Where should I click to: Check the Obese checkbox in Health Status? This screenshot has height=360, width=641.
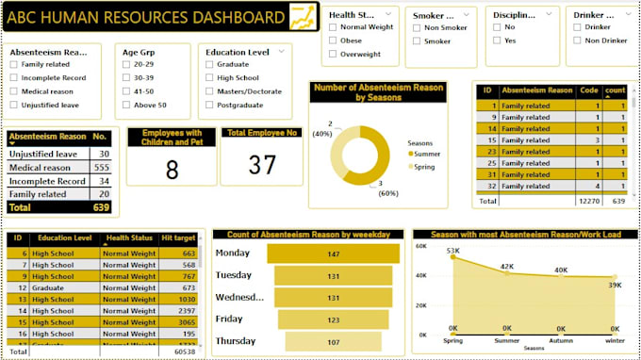[334, 41]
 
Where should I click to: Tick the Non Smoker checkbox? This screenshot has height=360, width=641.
[417, 27]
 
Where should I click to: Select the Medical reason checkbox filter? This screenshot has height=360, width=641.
[13, 91]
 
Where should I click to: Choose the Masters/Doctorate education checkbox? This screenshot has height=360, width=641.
[209, 91]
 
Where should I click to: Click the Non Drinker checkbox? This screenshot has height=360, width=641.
[578, 41]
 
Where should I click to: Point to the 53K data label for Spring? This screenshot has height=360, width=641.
[452, 251]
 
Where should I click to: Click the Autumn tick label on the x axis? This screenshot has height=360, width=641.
[561, 342]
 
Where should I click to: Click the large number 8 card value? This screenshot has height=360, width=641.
[172, 169]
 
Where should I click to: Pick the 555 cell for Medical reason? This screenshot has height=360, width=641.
[103, 167]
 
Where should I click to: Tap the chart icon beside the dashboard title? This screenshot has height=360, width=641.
[303, 17]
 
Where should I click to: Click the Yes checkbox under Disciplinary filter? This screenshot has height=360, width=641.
[497, 41]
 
